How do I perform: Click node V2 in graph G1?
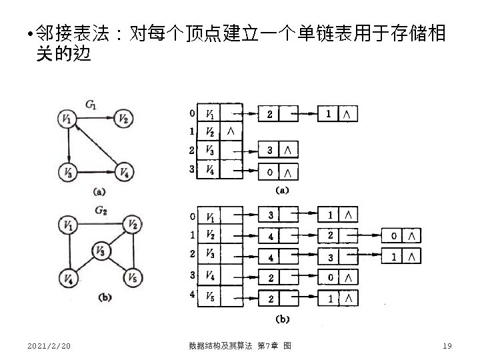pyautogui.click(x=123, y=119)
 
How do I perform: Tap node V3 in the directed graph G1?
pyautogui.click(x=67, y=172)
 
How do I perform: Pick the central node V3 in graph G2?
pyautogui.click(x=101, y=251)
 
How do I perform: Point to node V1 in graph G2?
pyautogui.click(x=67, y=225)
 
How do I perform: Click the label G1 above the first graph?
pyautogui.click(x=91, y=103)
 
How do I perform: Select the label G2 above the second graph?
pyautogui.click(x=101, y=211)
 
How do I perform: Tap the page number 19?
pyautogui.click(x=447, y=345)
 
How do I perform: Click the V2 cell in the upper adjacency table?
pyautogui.click(x=209, y=131)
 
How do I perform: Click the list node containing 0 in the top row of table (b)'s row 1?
pyautogui.click(x=395, y=235)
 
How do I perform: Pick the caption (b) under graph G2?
pyautogui.click(x=104, y=298)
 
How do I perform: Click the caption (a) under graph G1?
pyautogui.click(x=98, y=192)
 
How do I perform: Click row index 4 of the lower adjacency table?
pyautogui.click(x=192, y=294)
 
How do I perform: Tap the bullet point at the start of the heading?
pyautogui.click(x=23, y=33)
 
